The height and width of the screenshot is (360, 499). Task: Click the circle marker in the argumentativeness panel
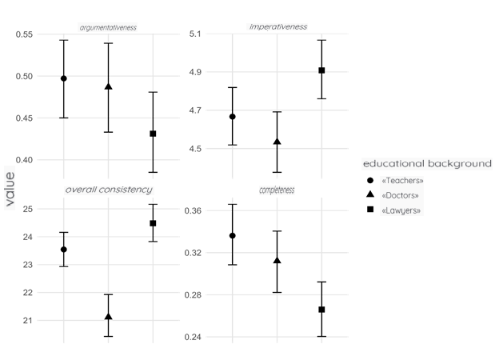[x=64, y=78]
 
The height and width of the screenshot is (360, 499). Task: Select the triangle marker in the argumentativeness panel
[x=108, y=86]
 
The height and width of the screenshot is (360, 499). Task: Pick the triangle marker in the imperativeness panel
[x=277, y=142]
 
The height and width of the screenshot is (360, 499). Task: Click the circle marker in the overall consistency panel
[x=64, y=250]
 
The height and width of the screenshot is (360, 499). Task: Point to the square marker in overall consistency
[x=153, y=223]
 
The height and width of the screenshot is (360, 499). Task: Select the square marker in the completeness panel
[x=321, y=310]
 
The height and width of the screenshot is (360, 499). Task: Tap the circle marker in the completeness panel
[x=233, y=236]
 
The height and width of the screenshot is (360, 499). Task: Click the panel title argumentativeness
[x=108, y=27]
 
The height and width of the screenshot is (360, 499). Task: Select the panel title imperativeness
[x=277, y=27]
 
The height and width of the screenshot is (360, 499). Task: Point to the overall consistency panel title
[x=108, y=190]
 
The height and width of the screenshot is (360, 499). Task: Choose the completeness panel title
[x=277, y=190]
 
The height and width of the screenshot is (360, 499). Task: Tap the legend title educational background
[x=427, y=163]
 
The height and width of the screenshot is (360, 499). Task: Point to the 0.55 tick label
[x=25, y=34]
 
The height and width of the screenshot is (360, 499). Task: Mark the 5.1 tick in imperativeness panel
[x=196, y=34]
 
